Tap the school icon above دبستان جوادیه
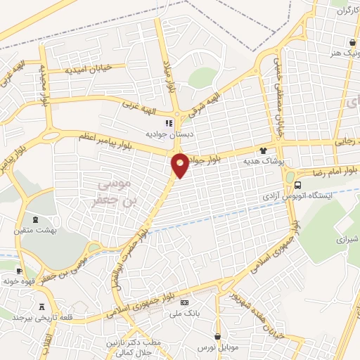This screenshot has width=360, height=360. point(169,122)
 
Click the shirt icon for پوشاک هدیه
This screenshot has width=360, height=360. point(264,150)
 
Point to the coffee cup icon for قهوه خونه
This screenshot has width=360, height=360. point(19,271)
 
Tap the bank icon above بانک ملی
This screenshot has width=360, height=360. point(185,302)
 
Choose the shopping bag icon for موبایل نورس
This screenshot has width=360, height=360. point(218,335)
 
